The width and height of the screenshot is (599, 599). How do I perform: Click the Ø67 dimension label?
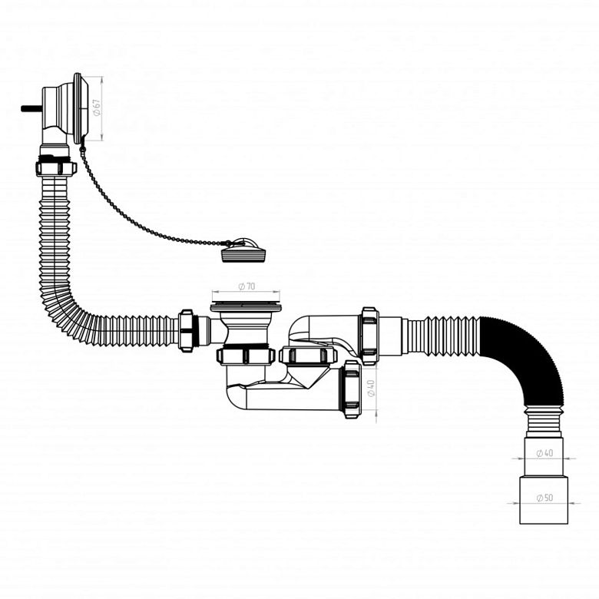coord(98,107)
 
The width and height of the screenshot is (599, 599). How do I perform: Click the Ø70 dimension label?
coord(247,286)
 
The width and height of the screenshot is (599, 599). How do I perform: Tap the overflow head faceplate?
coord(81,108)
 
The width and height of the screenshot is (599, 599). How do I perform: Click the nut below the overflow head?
coord(56,166)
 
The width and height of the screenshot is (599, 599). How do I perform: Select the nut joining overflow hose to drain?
coord(187,330)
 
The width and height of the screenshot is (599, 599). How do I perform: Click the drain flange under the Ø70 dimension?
coord(246,306)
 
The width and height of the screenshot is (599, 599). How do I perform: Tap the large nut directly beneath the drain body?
coord(247,356)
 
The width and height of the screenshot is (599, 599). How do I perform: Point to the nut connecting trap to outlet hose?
coord(369,336)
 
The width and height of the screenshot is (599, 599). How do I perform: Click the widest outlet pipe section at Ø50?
coord(543,499)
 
